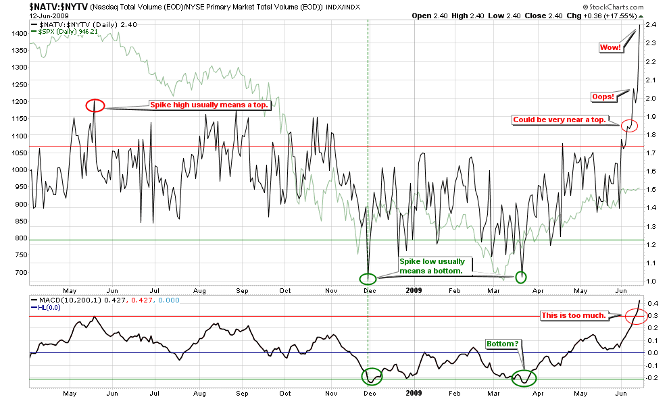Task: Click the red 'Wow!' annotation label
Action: (610, 47)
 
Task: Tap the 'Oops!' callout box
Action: (603, 97)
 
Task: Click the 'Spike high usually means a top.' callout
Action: (209, 105)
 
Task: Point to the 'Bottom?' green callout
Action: (502, 344)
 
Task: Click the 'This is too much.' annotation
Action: (573, 315)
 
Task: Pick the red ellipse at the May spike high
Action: (95, 105)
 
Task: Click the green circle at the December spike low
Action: (368, 278)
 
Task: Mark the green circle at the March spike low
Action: (521, 277)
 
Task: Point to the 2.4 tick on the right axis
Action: (649, 24)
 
